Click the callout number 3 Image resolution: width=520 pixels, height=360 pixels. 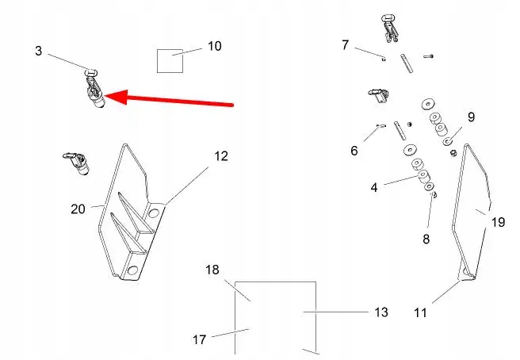38,51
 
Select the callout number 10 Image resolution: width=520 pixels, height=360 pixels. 215,46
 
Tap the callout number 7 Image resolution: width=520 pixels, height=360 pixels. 345,45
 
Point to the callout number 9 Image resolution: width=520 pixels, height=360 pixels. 471,117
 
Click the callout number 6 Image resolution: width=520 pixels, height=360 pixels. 354,151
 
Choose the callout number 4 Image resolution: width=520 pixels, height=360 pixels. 373,188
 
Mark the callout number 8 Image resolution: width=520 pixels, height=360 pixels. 426,238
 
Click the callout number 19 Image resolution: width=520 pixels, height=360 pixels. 498,223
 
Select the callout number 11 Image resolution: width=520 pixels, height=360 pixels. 420,312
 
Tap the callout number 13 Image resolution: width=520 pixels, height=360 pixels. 381,312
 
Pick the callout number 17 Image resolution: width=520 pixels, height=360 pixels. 199,339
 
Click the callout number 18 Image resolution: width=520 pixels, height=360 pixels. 212,270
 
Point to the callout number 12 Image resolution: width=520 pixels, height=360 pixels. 221,156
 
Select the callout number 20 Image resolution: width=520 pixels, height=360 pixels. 78,209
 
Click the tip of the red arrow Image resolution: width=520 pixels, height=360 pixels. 107,97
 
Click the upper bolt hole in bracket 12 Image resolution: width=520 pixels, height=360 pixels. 153,214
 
